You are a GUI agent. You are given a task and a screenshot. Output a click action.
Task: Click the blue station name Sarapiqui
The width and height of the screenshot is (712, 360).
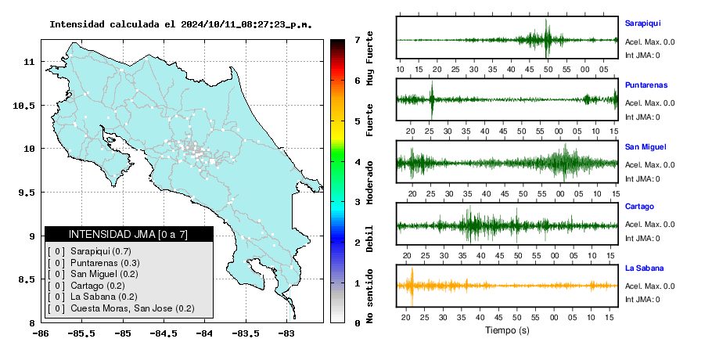pyautogui.click(x=642, y=23)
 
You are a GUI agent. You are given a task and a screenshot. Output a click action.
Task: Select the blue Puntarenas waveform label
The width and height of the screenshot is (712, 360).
pyautogui.click(x=646, y=85)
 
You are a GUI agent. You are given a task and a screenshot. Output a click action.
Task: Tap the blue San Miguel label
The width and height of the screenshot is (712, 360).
pyautogui.click(x=645, y=146)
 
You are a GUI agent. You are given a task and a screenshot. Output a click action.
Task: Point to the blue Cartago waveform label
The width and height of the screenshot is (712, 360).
pyautogui.click(x=639, y=207)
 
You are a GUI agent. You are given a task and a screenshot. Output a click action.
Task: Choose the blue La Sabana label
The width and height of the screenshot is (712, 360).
pyautogui.click(x=644, y=268)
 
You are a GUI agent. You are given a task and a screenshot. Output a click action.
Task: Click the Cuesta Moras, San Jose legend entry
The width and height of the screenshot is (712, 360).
pyautogui.click(x=132, y=308)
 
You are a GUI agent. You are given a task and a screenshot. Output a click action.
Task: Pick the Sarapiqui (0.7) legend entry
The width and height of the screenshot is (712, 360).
pyautogui.click(x=101, y=251)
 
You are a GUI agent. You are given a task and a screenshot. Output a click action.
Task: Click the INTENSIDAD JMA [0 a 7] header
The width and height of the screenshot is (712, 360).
pyautogui.click(x=128, y=234)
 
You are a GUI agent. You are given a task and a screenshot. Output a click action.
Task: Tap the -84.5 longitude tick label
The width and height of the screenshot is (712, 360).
pyautogui.click(x=164, y=333)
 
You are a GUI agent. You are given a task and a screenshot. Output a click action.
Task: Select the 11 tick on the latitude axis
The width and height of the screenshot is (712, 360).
pyautogui.click(x=30, y=62)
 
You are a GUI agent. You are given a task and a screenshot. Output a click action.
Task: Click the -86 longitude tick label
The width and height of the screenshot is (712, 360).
pyautogui.click(x=41, y=333)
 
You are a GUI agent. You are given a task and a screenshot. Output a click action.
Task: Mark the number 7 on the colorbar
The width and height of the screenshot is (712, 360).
pyautogui.click(x=358, y=40)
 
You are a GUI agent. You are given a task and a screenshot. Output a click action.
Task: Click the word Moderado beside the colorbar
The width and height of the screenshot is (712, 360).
pyautogui.click(x=369, y=182)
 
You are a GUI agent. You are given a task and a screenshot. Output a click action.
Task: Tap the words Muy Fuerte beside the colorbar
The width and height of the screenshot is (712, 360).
pyautogui.click(x=369, y=58)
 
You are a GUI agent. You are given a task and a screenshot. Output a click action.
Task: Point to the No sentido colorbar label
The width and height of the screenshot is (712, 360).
pyautogui.click(x=369, y=296)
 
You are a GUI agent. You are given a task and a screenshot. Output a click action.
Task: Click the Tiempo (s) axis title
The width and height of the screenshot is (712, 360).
pyautogui.click(x=507, y=330)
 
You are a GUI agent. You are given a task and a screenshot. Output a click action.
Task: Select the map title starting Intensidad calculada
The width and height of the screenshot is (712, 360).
pyautogui.click(x=181, y=24)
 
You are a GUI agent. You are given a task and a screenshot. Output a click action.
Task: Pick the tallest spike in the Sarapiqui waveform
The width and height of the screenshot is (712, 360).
pyautogui.click(x=546, y=38)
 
